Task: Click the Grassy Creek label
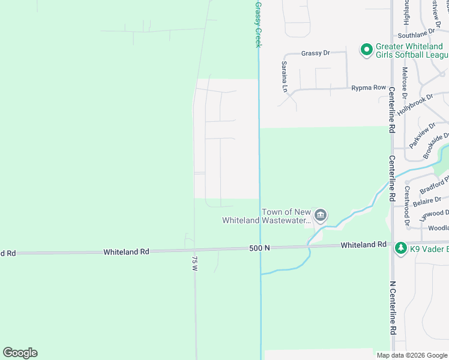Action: [x=258, y=24]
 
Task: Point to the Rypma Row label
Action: [x=369, y=88]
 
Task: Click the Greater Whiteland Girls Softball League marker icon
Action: [x=366, y=50]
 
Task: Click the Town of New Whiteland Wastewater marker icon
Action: [x=321, y=215]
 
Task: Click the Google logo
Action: [x=20, y=353]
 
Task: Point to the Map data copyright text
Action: [x=411, y=355]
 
